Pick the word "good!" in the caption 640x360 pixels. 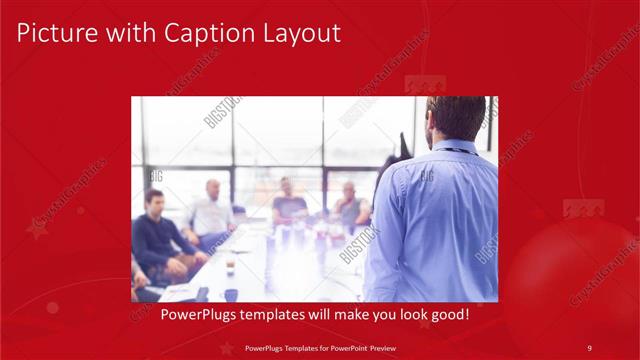(x=448, y=314)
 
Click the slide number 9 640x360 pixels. (x=589, y=347)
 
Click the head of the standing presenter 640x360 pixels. (x=455, y=118)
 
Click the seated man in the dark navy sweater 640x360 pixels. (x=155, y=235)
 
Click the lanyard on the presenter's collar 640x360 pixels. (x=455, y=149)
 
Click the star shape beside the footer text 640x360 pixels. (x=227, y=347)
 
